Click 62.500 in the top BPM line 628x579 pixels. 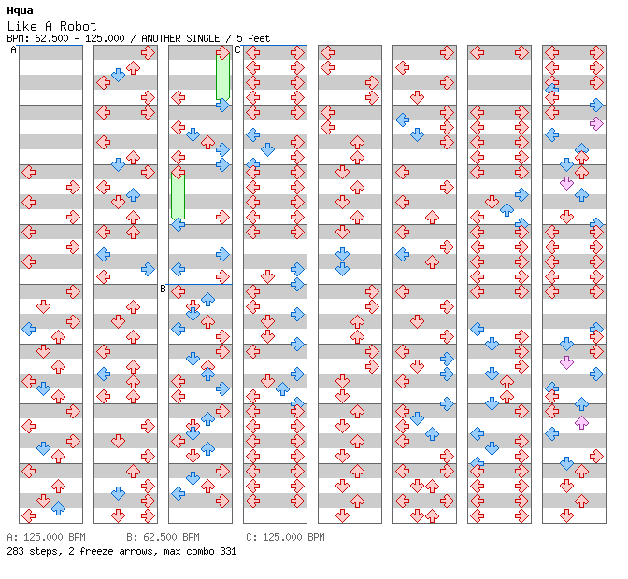[x=54, y=38]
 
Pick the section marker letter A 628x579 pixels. [x=14, y=50]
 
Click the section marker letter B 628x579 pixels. [x=163, y=289]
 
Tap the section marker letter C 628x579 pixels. [x=237, y=50]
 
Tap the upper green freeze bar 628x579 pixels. [x=222, y=77]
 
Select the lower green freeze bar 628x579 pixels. [x=178, y=197]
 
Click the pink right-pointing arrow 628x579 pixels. [x=596, y=123]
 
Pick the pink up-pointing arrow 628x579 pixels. [x=581, y=422]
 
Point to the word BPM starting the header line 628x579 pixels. [x=17, y=38]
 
